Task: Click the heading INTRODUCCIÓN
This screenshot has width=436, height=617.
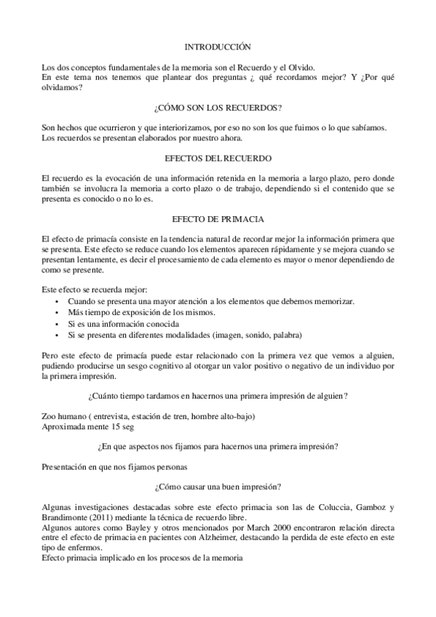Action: coord(218,45)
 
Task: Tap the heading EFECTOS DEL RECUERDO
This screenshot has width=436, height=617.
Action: coord(218,158)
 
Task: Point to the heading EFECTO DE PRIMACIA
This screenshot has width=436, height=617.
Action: coord(218,218)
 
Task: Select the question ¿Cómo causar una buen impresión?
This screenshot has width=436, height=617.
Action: coord(218,486)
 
